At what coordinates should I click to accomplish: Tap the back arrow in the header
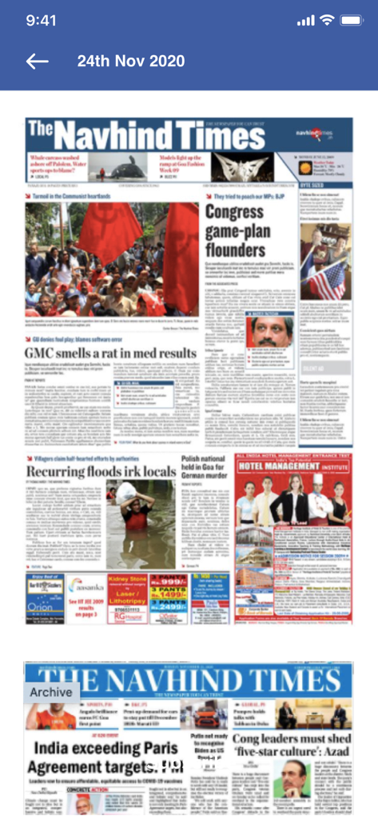(x=37, y=62)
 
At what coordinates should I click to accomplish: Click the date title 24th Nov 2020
(x=131, y=62)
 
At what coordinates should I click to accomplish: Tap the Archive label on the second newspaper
(x=51, y=691)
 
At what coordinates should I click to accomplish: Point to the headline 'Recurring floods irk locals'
(x=99, y=472)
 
